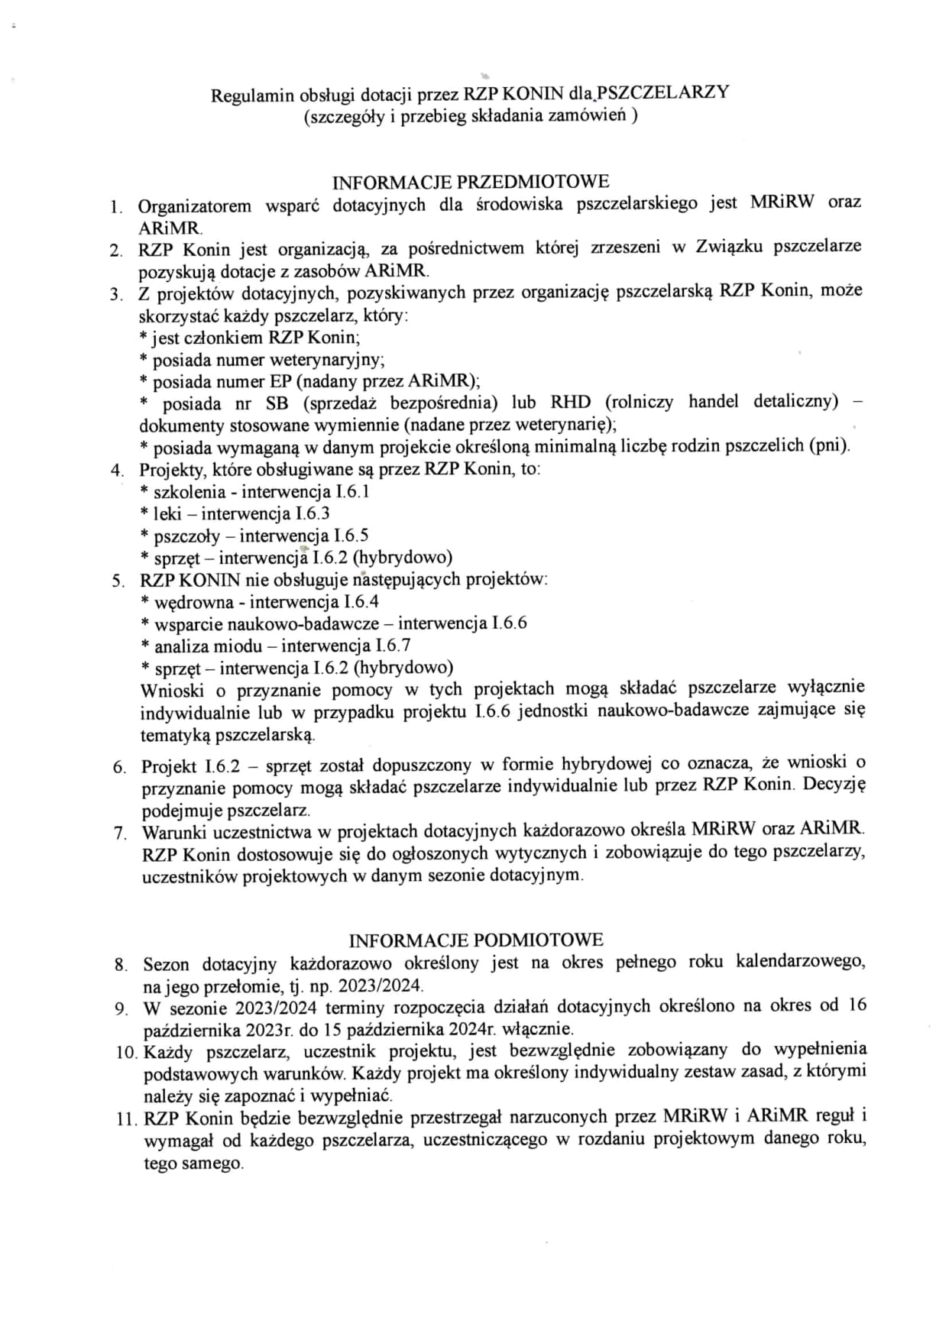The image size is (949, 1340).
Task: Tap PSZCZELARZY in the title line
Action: coord(662,93)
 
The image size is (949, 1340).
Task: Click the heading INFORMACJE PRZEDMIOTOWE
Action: coord(471,183)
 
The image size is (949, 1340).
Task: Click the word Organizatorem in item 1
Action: coord(195,206)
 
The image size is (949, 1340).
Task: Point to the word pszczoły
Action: coord(187,536)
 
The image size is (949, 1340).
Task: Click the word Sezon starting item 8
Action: coord(166,964)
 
